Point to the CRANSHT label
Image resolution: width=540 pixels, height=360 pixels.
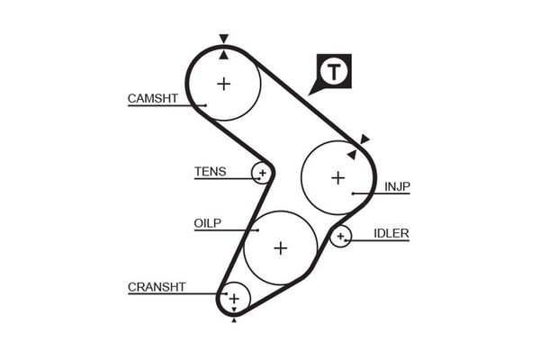point(157,286)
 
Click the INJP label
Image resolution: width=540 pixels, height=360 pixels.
point(397,186)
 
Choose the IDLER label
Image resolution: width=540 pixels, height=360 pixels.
point(391,233)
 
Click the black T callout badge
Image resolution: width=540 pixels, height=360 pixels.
point(334,71)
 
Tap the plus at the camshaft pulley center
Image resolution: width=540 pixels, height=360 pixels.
point(223,84)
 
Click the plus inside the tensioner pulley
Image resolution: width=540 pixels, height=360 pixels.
point(262,171)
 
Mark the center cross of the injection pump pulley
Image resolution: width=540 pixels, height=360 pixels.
point(337,177)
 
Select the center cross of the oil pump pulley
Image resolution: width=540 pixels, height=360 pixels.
point(280,247)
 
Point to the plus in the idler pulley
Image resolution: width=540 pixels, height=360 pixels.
point(340,237)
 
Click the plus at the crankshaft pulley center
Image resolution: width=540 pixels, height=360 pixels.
point(234,298)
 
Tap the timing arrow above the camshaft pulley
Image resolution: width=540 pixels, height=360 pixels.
point(223,40)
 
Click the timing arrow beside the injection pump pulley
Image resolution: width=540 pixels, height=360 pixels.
point(364,139)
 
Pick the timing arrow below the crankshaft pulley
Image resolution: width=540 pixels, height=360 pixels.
point(234,319)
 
